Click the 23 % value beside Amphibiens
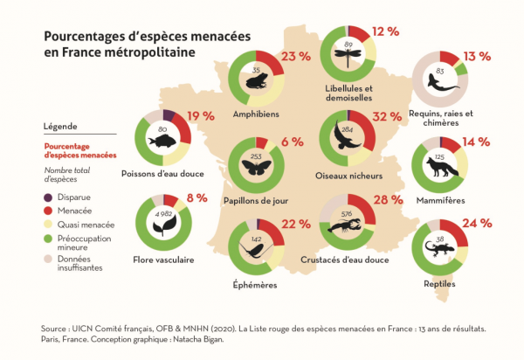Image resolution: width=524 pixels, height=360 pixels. point(296,57)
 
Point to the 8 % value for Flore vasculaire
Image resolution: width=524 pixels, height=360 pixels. point(196,198)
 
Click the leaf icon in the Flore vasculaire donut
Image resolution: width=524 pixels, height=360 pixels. point(162,227)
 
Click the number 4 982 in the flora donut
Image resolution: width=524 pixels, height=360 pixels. point(162,213)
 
